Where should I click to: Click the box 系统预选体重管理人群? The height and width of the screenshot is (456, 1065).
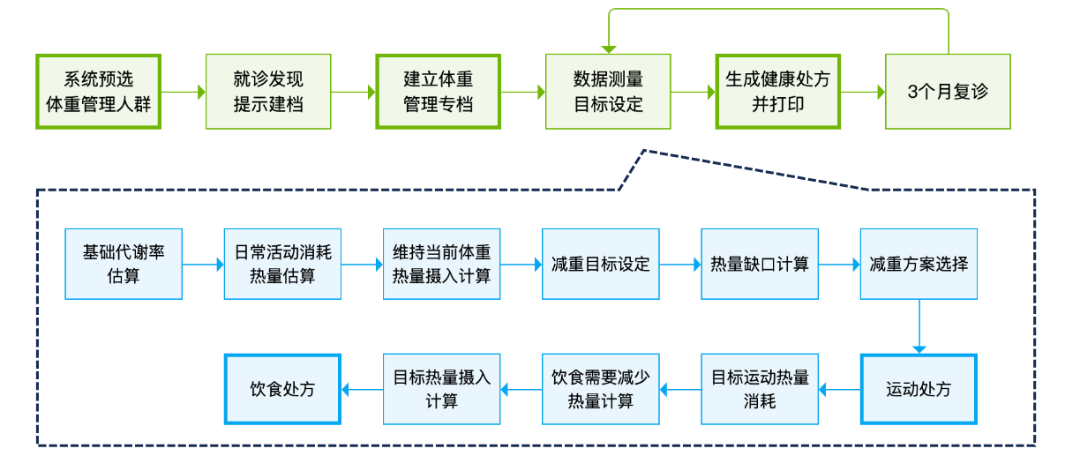tap(99, 92)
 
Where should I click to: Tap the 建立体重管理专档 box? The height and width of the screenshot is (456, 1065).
tap(439, 92)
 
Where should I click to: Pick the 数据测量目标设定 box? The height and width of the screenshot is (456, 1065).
tap(608, 92)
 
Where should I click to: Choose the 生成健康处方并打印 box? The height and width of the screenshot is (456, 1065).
tap(778, 92)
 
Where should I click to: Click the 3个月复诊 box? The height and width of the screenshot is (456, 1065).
tap(948, 92)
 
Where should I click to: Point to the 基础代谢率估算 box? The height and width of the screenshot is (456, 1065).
tap(124, 264)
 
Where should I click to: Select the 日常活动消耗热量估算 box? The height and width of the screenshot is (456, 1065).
tap(282, 264)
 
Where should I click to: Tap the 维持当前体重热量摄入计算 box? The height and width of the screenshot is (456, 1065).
tap(442, 264)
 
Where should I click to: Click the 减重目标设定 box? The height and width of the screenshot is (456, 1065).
tap(601, 264)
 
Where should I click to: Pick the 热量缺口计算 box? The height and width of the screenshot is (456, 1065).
tap(760, 264)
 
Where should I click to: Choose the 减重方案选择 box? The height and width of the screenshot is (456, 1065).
tap(919, 264)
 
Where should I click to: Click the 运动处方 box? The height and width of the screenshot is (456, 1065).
tap(919, 389)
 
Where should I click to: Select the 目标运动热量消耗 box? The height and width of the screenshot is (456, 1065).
tap(760, 389)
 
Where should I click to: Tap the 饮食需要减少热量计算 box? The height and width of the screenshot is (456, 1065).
tap(601, 389)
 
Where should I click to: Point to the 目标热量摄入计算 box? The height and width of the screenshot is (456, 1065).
tap(442, 389)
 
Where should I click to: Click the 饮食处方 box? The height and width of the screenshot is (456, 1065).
tap(282, 389)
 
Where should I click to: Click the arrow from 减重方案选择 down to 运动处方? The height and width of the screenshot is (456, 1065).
tap(919, 326)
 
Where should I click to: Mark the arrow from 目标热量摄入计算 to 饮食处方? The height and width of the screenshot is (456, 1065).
tap(362, 389)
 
